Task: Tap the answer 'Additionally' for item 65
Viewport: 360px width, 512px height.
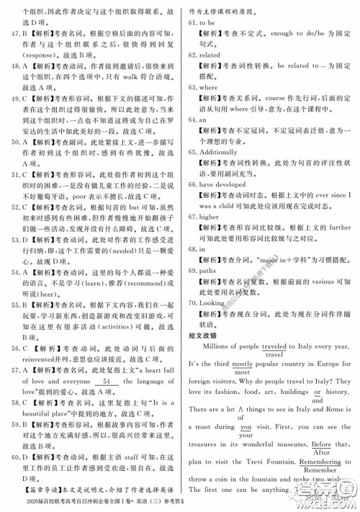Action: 220,153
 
